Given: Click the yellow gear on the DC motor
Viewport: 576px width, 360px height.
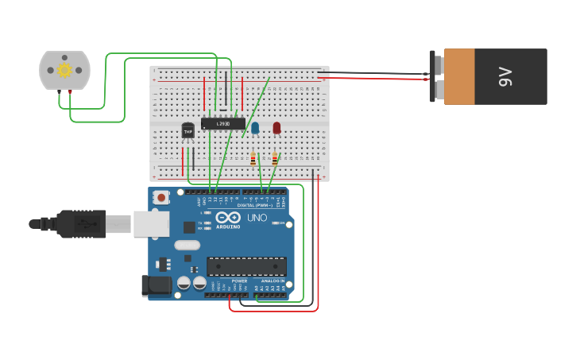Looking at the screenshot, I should coord(64,70).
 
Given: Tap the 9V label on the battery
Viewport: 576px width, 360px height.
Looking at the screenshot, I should coord(506,77).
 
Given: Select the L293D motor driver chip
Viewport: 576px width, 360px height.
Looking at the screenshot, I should coord(222,123).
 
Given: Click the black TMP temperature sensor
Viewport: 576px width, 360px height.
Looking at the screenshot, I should coord(188,130).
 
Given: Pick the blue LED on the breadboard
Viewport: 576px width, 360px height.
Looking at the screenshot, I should coord(255,127).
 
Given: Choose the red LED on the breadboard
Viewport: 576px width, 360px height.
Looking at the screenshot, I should coord(276,127).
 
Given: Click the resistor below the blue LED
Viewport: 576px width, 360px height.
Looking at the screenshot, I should coord(253,159).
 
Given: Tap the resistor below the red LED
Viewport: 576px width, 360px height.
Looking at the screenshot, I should coord(275,159).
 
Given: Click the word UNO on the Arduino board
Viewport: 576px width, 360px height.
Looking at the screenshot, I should coord(257,218).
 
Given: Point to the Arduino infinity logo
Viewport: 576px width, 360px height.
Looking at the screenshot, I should coord(228,217).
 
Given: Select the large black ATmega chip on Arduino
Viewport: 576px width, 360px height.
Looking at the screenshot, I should coord(246,266).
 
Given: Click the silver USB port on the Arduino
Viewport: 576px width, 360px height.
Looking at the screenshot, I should coord(150,224).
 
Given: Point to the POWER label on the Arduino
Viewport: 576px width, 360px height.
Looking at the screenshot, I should coord(239,281).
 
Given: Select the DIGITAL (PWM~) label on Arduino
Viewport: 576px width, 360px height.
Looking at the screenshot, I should coord(255,205).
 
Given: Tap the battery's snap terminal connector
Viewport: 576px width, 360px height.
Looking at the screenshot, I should coord(435,76).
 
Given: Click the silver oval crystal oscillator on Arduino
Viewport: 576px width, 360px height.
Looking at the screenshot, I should coord(187,245).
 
